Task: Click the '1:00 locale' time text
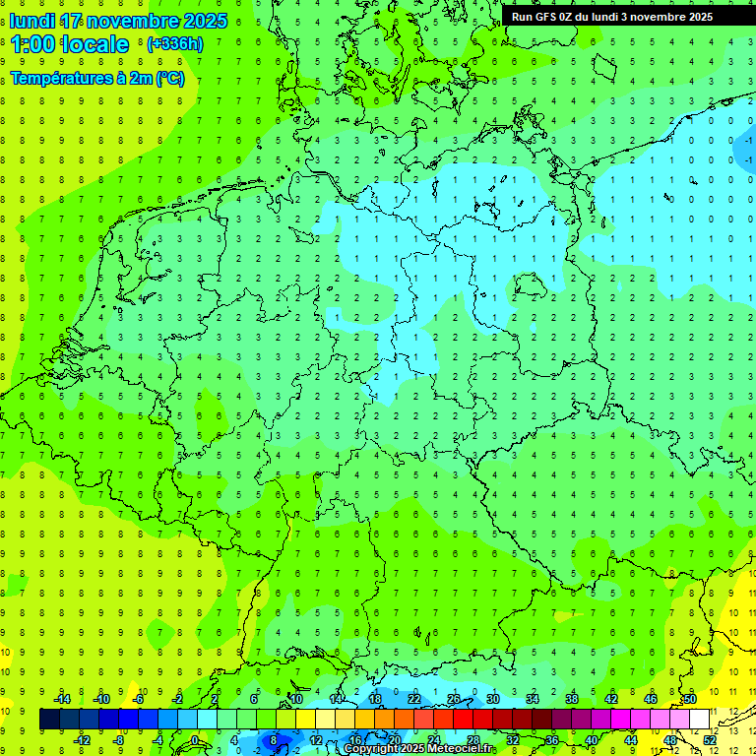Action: tap(69, 44)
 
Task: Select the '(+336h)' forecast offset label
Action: tap(174, 43)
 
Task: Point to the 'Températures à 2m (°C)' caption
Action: tap(96, 79)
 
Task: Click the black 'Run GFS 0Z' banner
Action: tap(611, 16)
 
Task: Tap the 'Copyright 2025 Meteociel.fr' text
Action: tap(418, 749)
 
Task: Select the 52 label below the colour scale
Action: tap(710, 740)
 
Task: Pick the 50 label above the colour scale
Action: tap(690, 699)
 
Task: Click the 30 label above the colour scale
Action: tap(493, 699)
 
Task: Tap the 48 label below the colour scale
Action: tap(670, 740)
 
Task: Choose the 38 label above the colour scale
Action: tap(572, 699)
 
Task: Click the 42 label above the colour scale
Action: tap(611, 699)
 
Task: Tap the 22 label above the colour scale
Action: tap(414, 699)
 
